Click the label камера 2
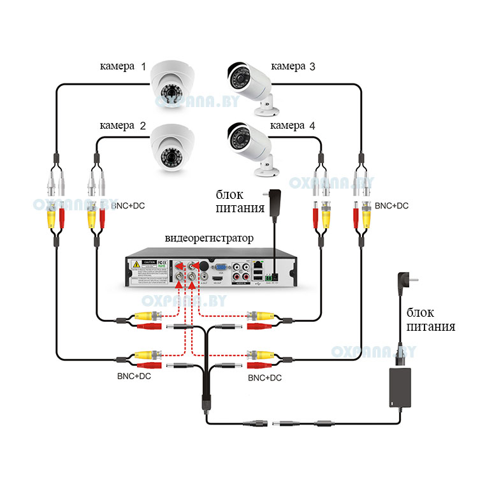click(123, 126)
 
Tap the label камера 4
click(293, 126)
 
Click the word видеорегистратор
click(209, 238)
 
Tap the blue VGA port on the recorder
click(221, 268)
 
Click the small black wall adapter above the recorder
click(275, 205)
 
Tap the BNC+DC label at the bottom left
click(134, 376)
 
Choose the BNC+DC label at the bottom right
click(264, 378)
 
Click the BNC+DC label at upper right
click(391, 206)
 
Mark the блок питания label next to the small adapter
click(238, 201)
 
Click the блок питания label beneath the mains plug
click(431, 320)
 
